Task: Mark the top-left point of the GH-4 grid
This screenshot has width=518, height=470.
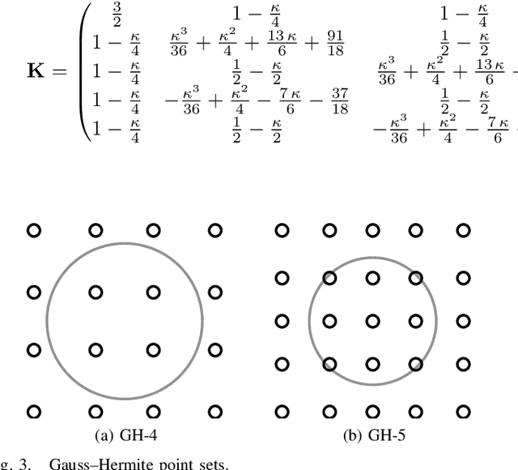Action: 34,231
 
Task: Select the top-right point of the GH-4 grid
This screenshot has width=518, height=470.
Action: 215,231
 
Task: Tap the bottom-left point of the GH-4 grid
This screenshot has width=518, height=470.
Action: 34,412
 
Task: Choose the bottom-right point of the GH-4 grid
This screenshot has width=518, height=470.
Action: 215,412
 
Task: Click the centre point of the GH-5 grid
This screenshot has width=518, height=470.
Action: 372,321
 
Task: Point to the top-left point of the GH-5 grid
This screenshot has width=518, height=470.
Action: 282,231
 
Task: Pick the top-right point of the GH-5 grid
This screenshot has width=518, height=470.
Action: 462,231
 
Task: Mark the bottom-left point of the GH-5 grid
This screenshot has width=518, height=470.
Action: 282,412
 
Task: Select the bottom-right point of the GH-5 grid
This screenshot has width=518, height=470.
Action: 462,412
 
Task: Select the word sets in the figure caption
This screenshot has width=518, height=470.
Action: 213,464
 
